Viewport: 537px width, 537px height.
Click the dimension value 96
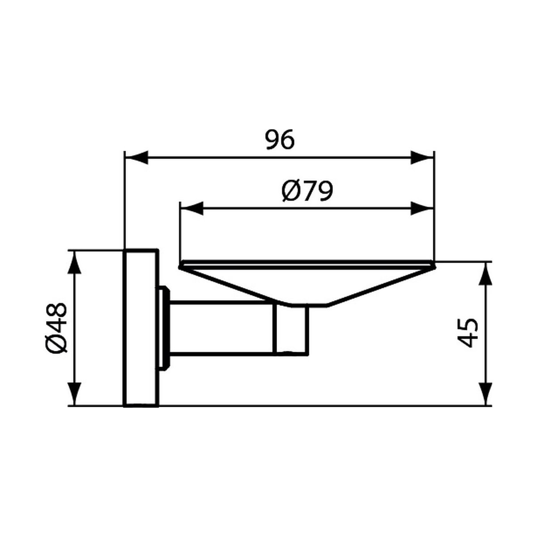(x=280, y=139)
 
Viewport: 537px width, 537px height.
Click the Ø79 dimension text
(x=307, y=191)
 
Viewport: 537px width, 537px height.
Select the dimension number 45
(x=468, y=333)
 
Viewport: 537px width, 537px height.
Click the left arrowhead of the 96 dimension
(x=136, y=158)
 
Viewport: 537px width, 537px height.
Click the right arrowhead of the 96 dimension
(x=422, y=158)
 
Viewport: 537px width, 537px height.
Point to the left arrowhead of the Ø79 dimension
(x=192, y=209)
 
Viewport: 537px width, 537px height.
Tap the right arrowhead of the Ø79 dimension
(x=422, y=209)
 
